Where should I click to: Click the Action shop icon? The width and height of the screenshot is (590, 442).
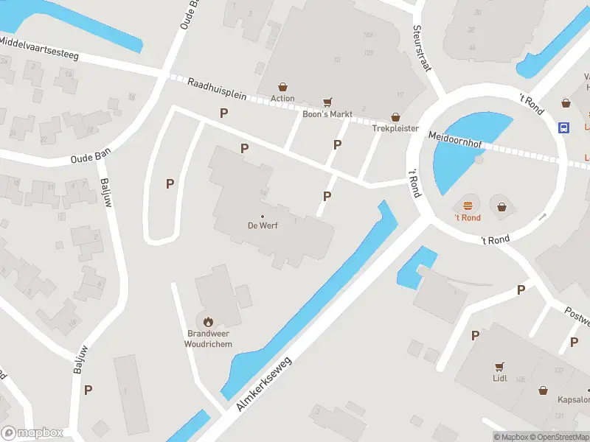coord(282,87)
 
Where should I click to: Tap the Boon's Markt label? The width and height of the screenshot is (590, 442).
coord(327,114)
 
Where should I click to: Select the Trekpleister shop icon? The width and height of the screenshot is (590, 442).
coord(395,117)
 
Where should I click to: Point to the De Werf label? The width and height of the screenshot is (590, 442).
coord(263,225)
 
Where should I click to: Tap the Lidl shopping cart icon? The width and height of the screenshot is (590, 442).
coord(501,366)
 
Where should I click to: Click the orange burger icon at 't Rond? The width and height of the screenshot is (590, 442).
coord(467,206)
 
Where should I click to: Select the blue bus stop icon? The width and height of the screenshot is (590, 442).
coord(564,127)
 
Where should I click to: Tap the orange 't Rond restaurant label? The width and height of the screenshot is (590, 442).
coord(467,218)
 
